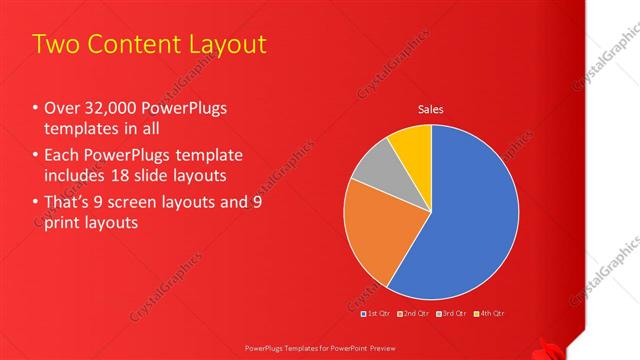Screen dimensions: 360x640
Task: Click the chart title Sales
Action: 430,110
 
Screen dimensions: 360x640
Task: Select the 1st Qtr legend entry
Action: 376,315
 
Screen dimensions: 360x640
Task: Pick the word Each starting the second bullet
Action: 63,156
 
